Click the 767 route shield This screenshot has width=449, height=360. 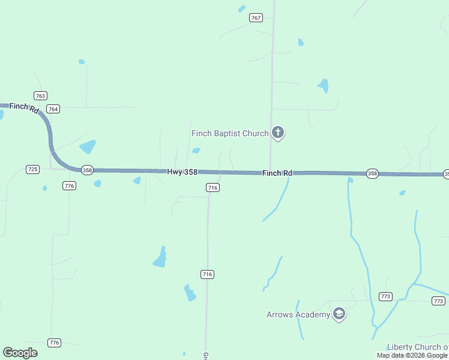click(256, 18)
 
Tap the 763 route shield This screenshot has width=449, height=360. click(40, 96)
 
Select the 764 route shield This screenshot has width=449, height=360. click(53, 109)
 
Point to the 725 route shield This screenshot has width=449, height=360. click(33, 169)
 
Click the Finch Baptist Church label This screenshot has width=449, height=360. click(230, 133)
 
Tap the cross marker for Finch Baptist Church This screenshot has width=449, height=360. click(278, 133)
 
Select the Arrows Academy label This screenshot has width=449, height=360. click(298, 314)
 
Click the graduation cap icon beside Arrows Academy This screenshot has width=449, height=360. click(339, 314)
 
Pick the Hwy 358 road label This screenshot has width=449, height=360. click(182, 172)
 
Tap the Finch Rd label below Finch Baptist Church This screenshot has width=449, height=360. click(277, 173)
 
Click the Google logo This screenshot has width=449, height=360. click(20, 353)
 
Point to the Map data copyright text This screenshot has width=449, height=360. click(412, 356)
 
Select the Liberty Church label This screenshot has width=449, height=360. click(418, 347)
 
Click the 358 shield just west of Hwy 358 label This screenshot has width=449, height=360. click(87, 170)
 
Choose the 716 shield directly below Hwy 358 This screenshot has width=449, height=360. click(212, 188)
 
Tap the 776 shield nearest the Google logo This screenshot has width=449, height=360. click(54, 343)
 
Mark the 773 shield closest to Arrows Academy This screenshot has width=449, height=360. click(386, 296)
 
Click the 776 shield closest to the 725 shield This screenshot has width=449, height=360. click(70, 186)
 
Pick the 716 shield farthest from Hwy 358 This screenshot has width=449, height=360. click(207, 274)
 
